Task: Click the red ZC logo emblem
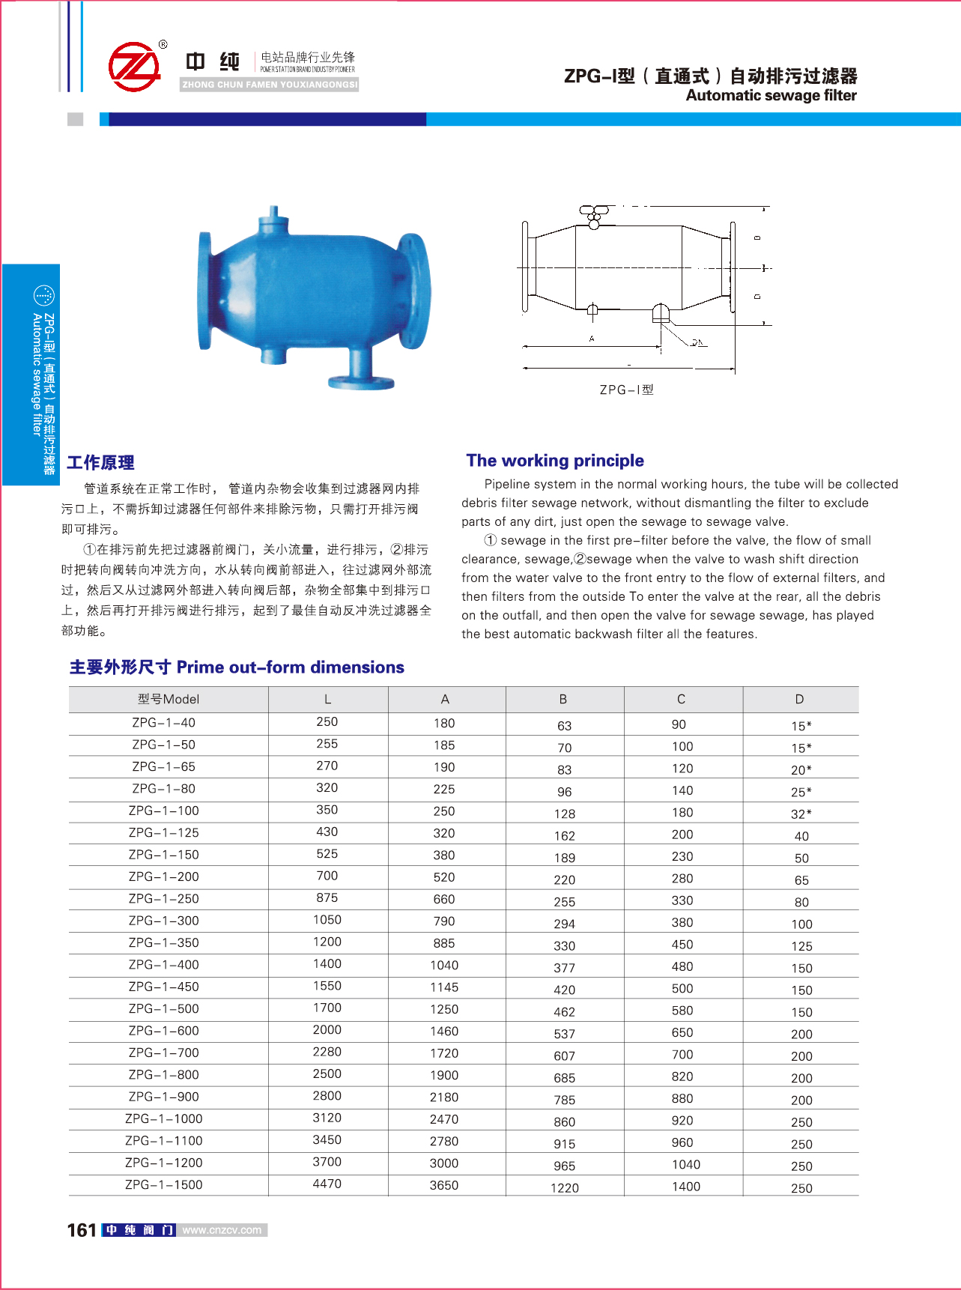[x=135, y=67]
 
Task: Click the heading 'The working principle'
[x=555, y=461]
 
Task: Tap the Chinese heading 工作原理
[x=100, y=463]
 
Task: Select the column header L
[x=327, y=699]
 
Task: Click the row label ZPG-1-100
[x=163, y=811]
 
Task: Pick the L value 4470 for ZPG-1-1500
[x=327, y=1184]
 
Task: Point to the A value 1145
[x=444, y=987]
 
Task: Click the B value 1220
[x=565, y=1187]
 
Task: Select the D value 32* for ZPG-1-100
[x=801, y=814]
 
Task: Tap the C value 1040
[x=686, y=1164]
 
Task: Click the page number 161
[x=82, y=1230]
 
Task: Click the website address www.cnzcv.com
[x=222, y=1230]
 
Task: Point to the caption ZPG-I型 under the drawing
[x=626, y=390]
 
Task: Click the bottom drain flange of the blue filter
[x=361, y=382]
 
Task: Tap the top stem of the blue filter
[x=274, y=214]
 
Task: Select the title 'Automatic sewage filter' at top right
[x=771, y=95]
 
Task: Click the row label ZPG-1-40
[x=163, y=723]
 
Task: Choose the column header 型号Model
[x=169, y=699]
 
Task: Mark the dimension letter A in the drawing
[x=592, y=339]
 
